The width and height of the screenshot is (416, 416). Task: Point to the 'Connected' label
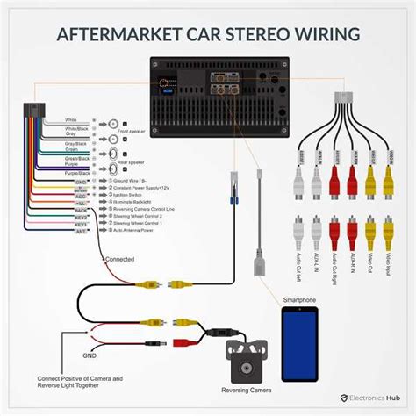[120, 260]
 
